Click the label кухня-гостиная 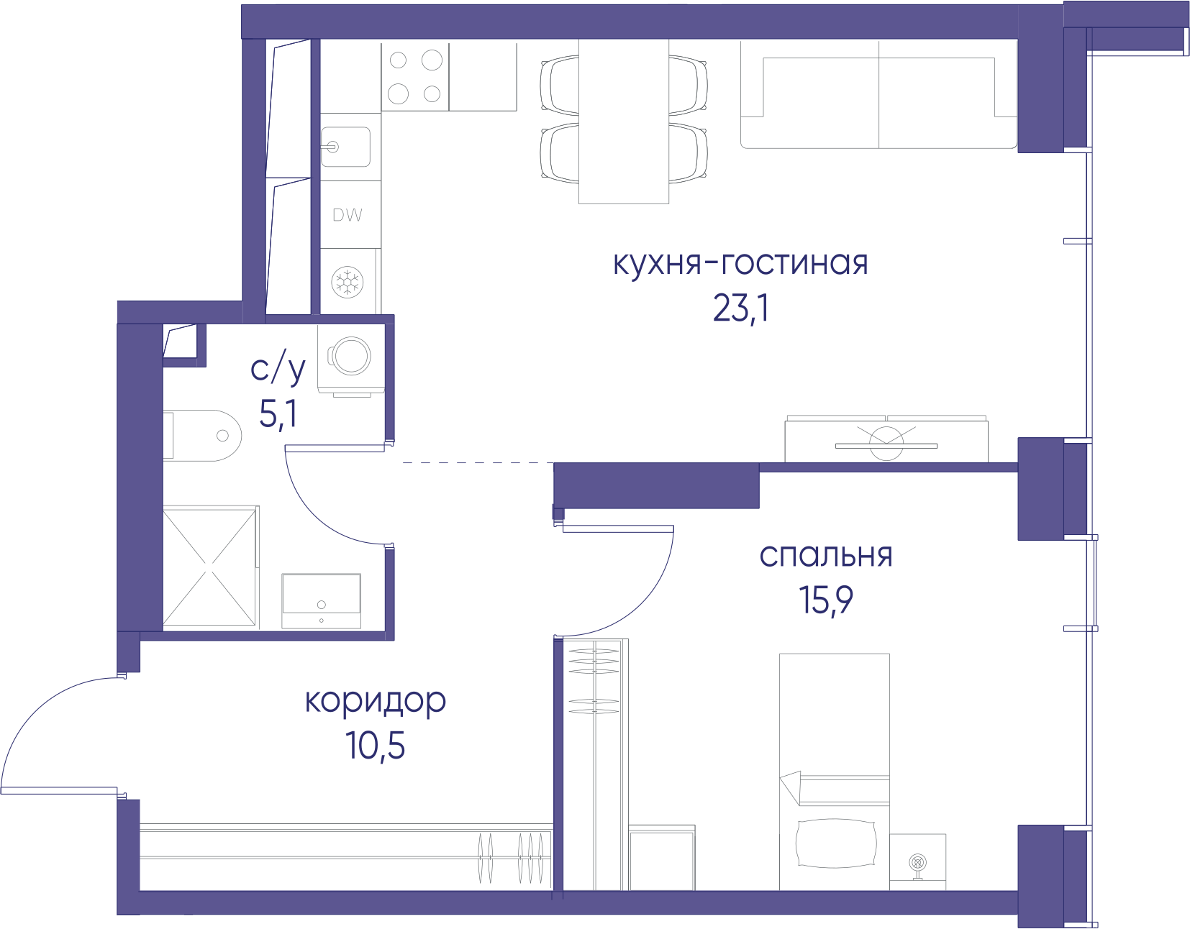(x=740, y=265)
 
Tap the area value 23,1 (x=740, y=308)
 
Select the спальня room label (x=826, y=556)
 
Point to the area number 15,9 (x=826, y=600)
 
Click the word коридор (x=375, y=701)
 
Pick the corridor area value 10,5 (x=375, y=746)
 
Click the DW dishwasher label (x=348, y=215)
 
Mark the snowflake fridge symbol (x=348, y=283)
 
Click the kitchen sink (x=345, y=147)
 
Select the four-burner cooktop (x=415, y=77)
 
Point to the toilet (x=202, y=436)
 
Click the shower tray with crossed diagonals (x=211, y=567)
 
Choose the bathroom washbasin (x=321, y=600)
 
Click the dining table (x=624, y=122)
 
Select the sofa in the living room (x=879, y=94)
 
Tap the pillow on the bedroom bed (x=836, y=843)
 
